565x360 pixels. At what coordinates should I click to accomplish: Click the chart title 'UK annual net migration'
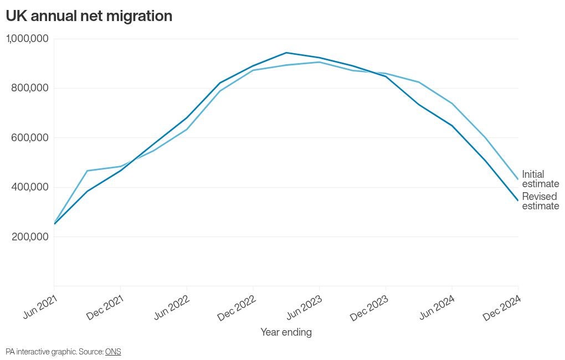pyautogui.click(x=89, y=16)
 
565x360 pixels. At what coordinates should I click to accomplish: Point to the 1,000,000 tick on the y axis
pyautogui.click(x=27, y=39)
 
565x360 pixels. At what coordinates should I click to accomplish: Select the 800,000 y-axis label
pyautogui.click(x=29, y=88)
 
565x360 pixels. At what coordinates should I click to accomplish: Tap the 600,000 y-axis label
pyautogui.click(x=29, y=137)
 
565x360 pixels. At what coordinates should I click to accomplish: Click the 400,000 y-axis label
pyautogui.click(x=29, y=187)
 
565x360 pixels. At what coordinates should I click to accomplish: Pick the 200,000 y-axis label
pyautogui.click(x=29, y=236)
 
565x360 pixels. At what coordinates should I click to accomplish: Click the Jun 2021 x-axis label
pyautogui.click(x=40, y=306)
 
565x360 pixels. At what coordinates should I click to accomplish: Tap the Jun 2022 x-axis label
pyautogui.click(x=172, y=306)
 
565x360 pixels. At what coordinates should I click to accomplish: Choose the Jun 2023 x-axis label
pyautogui.click(x=304, y=306)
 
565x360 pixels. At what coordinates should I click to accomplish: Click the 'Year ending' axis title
pyautogui.click(x=286, y=332)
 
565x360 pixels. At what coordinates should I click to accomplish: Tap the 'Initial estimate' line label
pyautogui.click(x=540, y=179)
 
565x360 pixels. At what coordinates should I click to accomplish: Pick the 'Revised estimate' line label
pyautogui.click(x=540, y=201)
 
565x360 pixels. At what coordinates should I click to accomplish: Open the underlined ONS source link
pyautogui.click(x=113, y=352)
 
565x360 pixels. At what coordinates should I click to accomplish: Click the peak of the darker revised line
pyautogui.click(x=286, y=53)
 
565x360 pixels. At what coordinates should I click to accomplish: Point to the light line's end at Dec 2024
pyautogui.click(x=518, y=179)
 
